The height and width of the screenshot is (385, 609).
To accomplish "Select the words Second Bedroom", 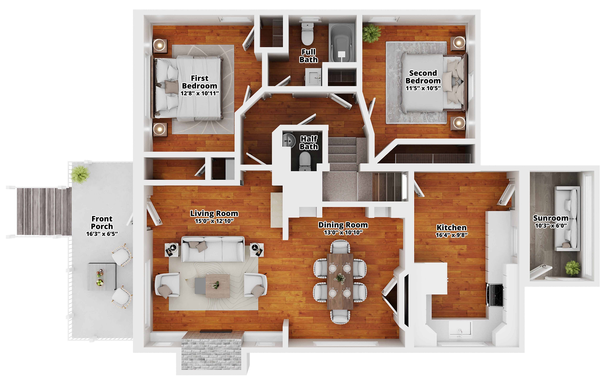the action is pos(423,77).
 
